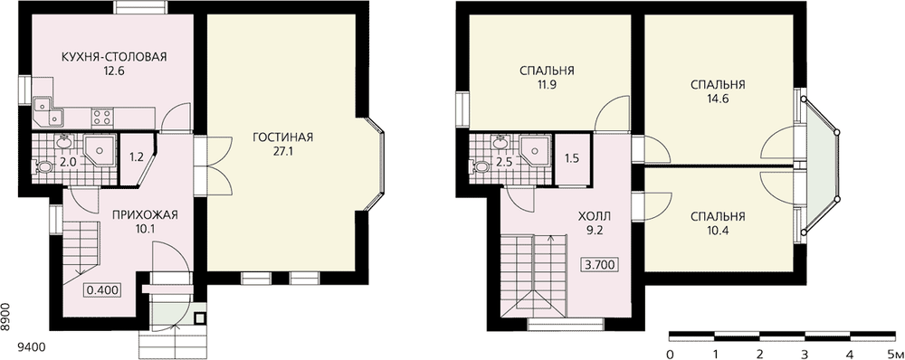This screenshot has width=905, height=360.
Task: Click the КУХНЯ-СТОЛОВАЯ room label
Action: click(x=114, y=57)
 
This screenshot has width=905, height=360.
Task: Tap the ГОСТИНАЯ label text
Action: click(x=282, y=137)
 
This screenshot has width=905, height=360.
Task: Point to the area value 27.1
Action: click(x=282, y=152)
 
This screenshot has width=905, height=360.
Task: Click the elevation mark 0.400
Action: click(x=103, y=289)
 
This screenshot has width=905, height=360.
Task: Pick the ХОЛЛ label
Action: click(x=594, y=217)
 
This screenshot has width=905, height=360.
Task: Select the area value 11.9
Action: click(x=546, y=85)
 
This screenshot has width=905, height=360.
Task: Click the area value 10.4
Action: click(x=718, y=232)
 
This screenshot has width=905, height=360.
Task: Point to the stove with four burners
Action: click(x=102, y=118)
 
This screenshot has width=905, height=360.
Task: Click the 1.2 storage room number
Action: click(x=136, y=156)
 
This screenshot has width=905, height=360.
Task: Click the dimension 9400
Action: click(x=32, y=348)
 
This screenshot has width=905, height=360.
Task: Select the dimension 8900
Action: click(x=5, y=317)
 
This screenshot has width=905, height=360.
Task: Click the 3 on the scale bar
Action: click(x=804, y=354)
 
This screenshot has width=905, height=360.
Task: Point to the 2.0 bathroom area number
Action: click(x=69, y=162)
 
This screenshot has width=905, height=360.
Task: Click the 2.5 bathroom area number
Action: click(x=503, y=162)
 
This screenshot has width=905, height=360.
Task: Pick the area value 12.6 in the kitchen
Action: click(x=114, y=71)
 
